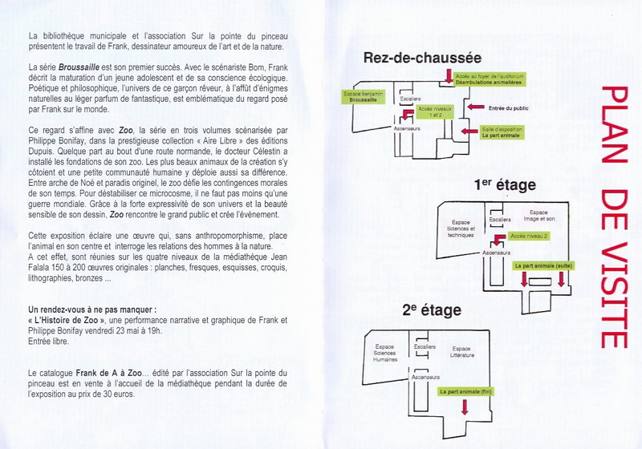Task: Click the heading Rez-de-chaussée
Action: [x=422, y=58]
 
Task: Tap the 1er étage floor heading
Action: [x=504, y=185]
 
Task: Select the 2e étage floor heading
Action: [x=432, y=310]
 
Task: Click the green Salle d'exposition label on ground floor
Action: [x=501, y=132]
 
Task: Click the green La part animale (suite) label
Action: [x=542, y=264]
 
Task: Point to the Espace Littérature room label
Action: [x=461, y=352]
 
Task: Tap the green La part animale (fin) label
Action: [x=465, y=391]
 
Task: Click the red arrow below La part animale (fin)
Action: [x=465, y=407]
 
